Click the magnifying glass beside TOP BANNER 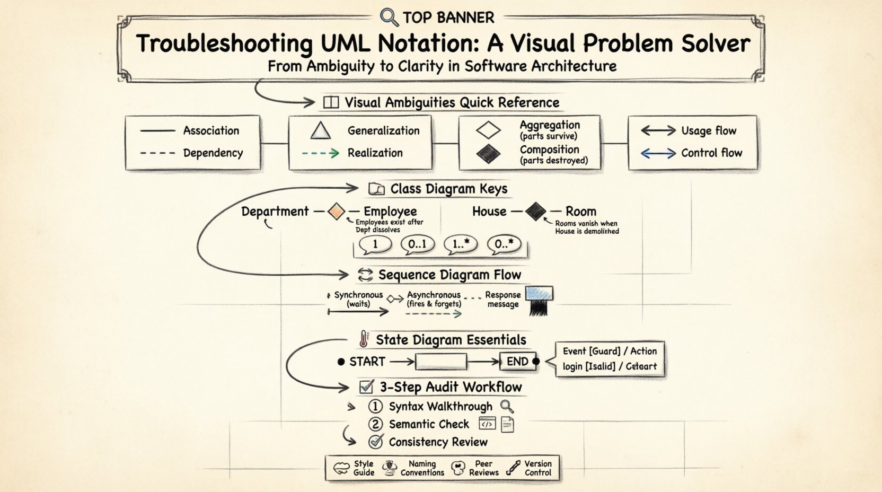389,17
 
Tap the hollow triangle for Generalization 321,130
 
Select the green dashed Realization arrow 320,153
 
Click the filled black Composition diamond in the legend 488,154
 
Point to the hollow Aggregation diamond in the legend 488,130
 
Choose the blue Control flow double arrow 658,154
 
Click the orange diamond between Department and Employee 336,212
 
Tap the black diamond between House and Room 535,212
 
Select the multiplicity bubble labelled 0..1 418,244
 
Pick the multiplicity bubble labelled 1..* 461,244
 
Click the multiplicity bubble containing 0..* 504,244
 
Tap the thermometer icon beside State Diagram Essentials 364,339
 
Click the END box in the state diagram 517,362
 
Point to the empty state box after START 440,362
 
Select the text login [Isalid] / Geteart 610,366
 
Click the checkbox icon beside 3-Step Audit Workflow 366,386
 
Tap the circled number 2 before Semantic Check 375,424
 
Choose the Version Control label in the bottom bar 537,468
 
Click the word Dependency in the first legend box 213,153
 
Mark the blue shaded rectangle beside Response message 539,293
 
